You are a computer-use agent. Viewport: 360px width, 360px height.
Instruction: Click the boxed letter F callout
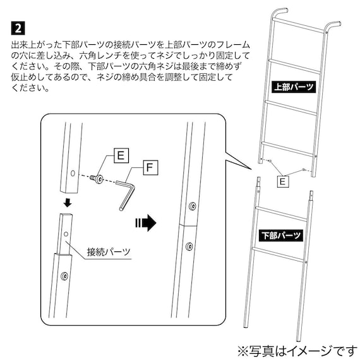click(x=149, y=169)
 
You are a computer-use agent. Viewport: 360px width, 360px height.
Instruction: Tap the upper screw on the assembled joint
click(x=191, y=207)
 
